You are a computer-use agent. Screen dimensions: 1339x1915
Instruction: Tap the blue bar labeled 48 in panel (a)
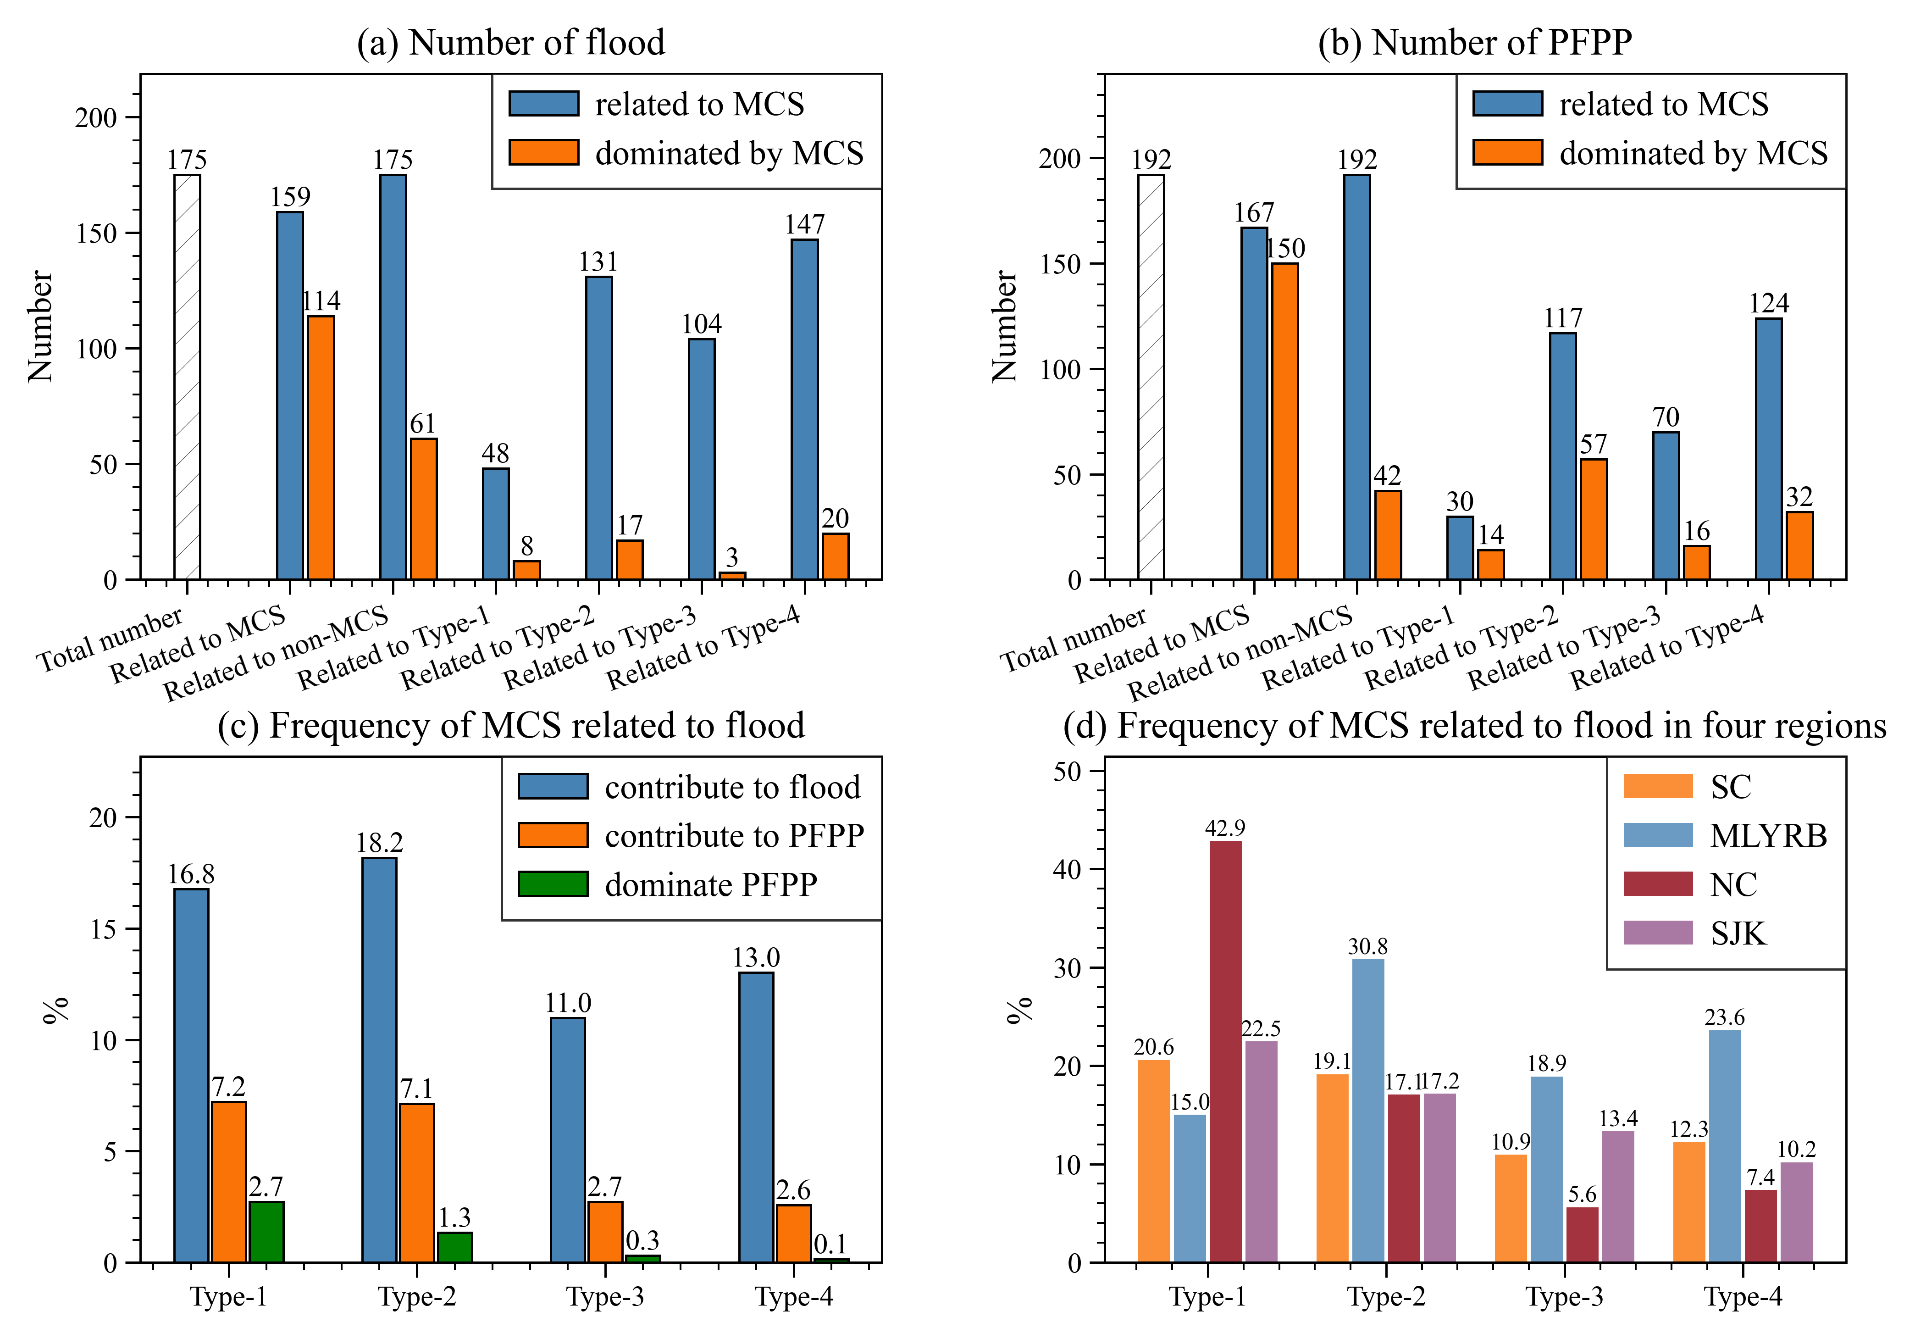click(495, 524)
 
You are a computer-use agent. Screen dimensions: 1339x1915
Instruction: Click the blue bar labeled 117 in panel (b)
click(1562, 456)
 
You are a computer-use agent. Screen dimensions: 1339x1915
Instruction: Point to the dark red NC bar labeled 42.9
click(1225, 1051)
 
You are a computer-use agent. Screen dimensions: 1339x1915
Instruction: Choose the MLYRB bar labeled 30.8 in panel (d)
click(1368, 1111)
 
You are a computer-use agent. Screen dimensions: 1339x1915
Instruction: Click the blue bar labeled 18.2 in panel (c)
click(380, 1060)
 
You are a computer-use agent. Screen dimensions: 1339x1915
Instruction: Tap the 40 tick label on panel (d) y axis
click(1068, 869)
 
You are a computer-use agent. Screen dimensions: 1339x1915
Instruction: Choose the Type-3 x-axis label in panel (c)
click(605, 1297)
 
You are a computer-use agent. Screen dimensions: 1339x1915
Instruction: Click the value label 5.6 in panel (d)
click(1582, 1195)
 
